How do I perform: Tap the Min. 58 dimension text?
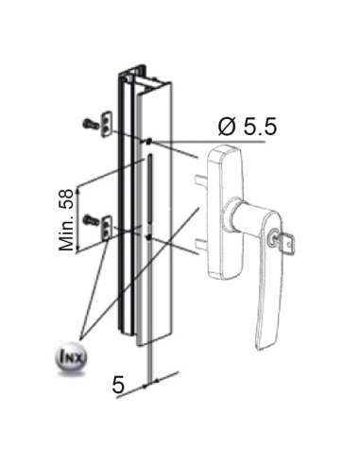(x=67, y=218)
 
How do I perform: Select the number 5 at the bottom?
(x=118, y=385)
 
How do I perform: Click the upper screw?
(x=89, y=122)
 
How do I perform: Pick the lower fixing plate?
(x=107, y=224)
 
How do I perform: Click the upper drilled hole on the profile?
(x=147, y=141)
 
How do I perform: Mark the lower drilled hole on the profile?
(x=147, y=232)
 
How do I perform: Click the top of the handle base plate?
(x=225, y=150)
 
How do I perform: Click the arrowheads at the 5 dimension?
(x=152, y=383)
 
